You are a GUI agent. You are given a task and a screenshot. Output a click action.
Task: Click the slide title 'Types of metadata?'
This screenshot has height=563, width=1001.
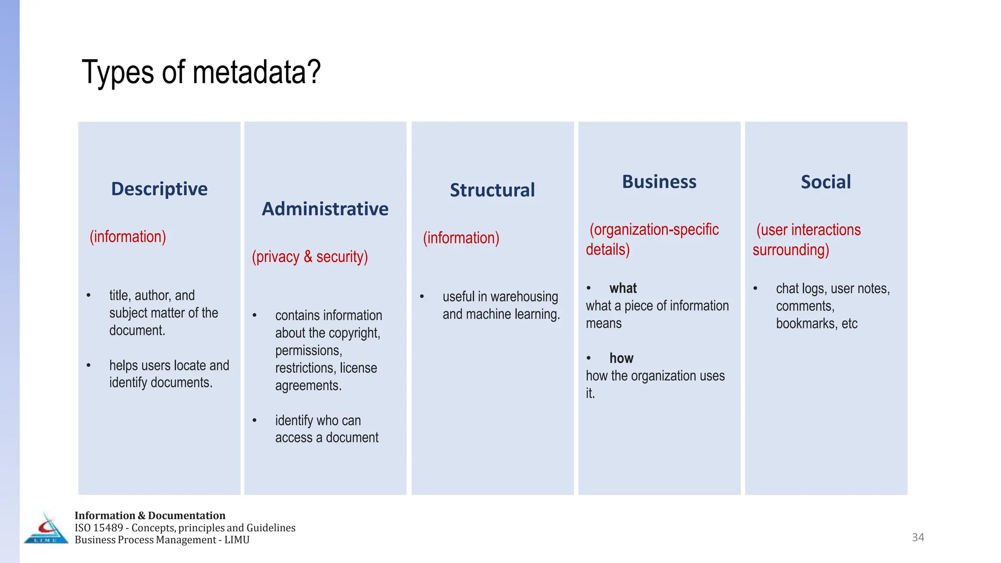click(x=201, y=72)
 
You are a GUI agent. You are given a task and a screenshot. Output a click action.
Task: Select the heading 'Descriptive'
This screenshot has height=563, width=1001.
click(x=159, y=189)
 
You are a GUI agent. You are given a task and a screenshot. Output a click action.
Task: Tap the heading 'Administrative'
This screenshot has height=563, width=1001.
click(x=325, y=209)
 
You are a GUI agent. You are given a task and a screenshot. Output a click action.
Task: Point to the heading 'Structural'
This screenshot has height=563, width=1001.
click(x=492, y=190)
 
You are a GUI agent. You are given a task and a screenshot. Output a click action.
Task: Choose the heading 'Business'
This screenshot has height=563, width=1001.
click(x=659, y=182)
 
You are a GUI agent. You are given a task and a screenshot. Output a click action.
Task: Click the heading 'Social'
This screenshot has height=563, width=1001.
click(x=826, y=182)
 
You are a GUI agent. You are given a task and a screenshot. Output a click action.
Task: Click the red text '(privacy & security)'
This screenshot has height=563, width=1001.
click(x=310, y=257)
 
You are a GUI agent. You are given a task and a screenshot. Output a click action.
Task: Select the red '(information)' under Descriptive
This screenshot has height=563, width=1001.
click(x=128, y=237)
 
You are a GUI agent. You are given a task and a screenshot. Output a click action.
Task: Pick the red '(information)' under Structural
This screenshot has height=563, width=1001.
click(x=461, y=238)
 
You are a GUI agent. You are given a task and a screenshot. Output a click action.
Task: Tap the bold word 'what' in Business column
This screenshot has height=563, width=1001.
click(x=623, y=288)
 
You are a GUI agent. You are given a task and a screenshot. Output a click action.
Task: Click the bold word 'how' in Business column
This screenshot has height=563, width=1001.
click(x=621, y=358)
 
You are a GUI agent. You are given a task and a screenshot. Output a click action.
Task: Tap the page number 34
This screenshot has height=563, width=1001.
click(x=918, y=538)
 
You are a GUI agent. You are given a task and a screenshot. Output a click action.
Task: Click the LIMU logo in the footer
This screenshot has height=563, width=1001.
click(x=46, y=529)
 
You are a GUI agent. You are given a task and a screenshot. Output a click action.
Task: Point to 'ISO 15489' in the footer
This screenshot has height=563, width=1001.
click(x=99, y=528)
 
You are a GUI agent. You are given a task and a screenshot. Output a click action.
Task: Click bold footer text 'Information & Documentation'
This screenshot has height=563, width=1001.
click(x=150, y=516)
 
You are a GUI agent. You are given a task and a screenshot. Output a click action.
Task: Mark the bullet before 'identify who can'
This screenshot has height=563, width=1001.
click(x=255, y=420)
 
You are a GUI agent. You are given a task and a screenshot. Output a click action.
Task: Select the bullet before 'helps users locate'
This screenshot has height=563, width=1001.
click(x=88, y=366)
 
